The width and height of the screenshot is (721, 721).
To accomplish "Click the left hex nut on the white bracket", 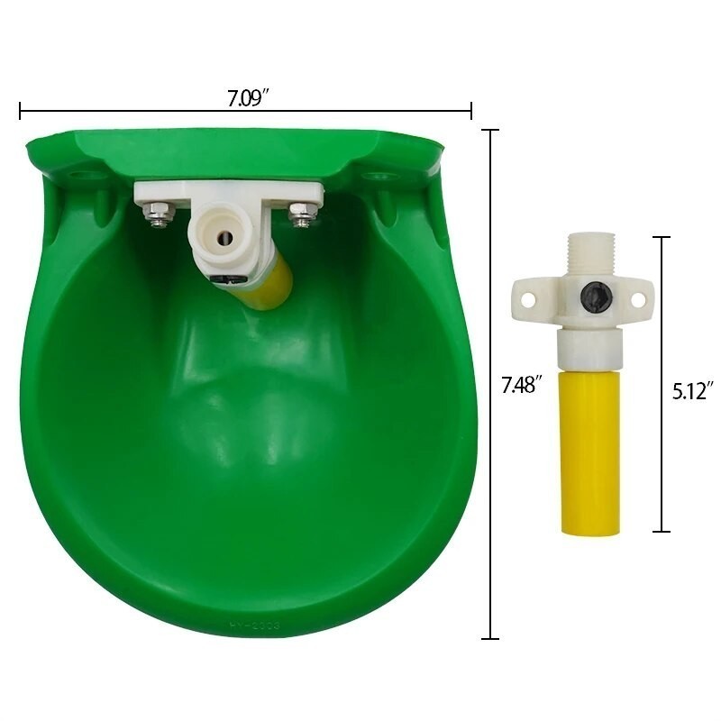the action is pyautogui.click(x=160, y=214).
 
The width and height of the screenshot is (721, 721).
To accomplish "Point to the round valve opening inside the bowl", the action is pyautogui.click(x=224, y=237).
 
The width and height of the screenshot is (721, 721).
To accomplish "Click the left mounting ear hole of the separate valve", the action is pyautogui.click(x=529, y=300).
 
